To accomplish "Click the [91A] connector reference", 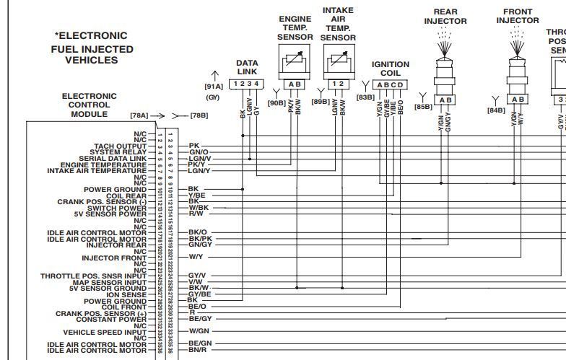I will [x=214, y=87].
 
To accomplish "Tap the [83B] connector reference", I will [x=365, y=96].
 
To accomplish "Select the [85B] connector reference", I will [x=422, y=107].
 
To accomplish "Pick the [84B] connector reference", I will [x=495, y=110].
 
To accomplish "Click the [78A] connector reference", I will [x=139, y=115].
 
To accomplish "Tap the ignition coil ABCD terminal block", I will [x=391, y=84].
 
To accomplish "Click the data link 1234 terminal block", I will [x=245, y=84].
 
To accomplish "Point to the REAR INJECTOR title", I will [x=445, y=17].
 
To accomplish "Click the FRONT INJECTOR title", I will [x=518, y=17].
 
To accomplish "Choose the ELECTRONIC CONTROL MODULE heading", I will [x=84, y=105].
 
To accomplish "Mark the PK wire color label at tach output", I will [x=193, y=146].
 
